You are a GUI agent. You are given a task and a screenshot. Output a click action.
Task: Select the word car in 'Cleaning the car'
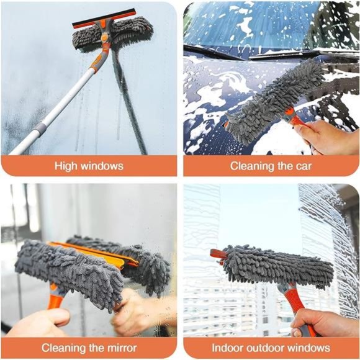point(303,166)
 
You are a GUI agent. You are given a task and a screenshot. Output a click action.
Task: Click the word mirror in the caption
point(120,348)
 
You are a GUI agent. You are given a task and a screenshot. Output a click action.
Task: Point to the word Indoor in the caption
point(227,348)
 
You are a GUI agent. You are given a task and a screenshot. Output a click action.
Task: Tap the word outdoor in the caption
point(268,348)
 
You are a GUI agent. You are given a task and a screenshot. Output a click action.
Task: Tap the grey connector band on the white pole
point(40,130)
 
